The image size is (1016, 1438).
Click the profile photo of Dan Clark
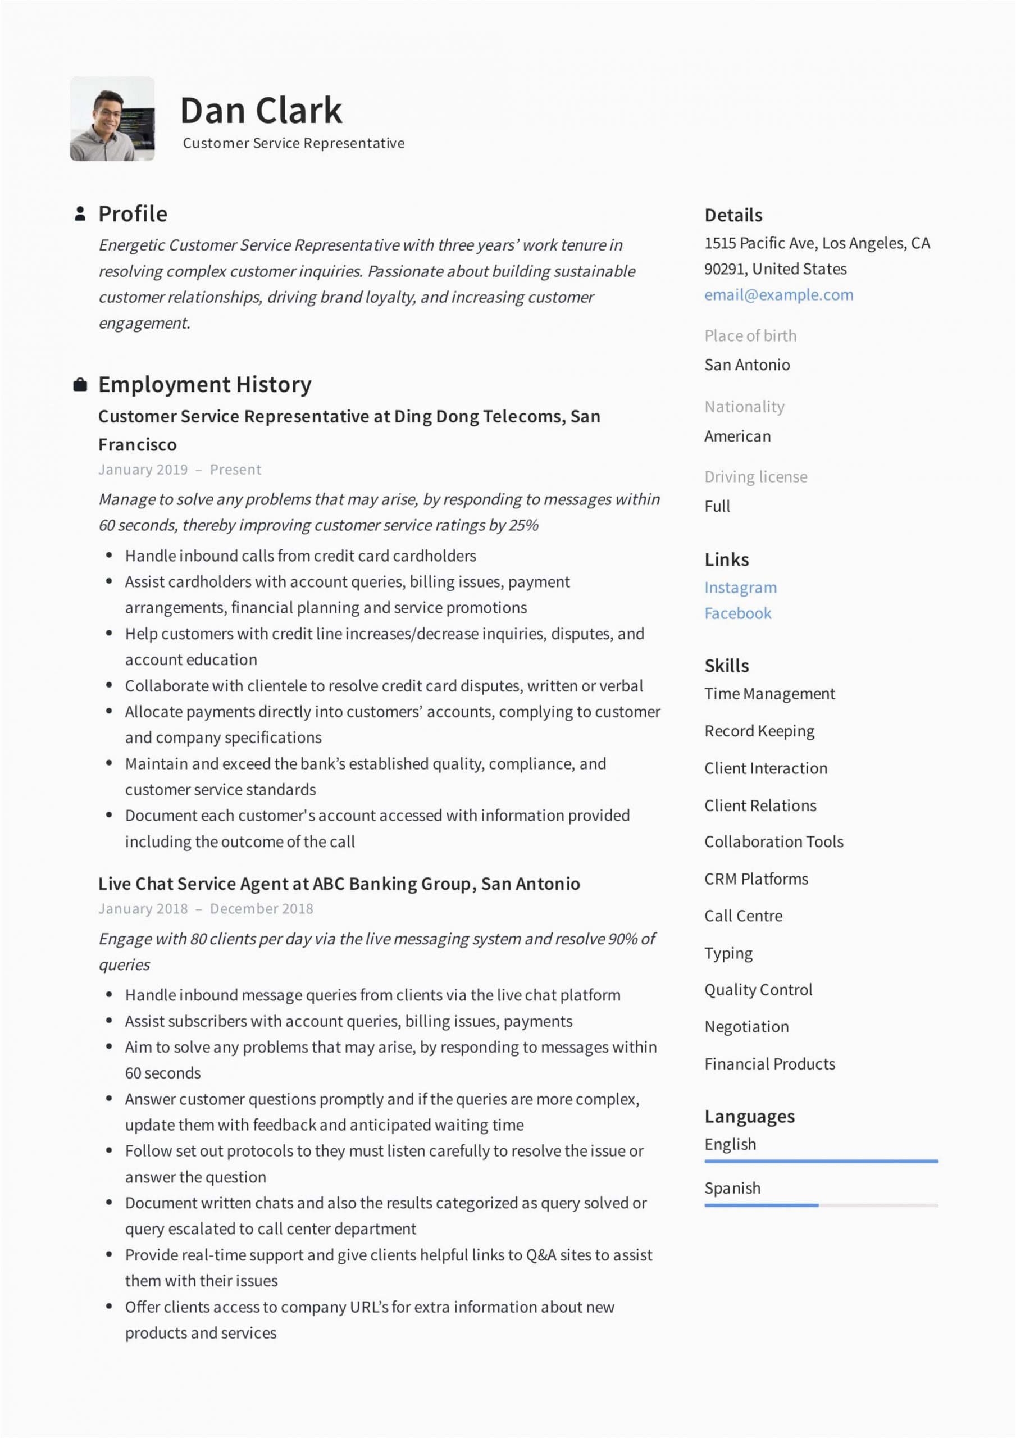112,119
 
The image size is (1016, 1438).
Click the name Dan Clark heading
261,110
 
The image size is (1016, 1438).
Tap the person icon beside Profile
80,213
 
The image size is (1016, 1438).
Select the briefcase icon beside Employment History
80,385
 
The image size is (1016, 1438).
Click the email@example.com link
778,295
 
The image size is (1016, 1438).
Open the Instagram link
740,588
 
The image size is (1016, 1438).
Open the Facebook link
737,613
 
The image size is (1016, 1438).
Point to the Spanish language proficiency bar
820,1205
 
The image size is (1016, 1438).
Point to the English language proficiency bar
820,1161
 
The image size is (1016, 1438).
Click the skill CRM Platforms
755,879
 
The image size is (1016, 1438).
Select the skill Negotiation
746,1026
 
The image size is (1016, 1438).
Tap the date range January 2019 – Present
179,470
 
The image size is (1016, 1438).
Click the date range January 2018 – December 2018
206,909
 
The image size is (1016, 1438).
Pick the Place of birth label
750,336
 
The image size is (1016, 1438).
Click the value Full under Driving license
717,506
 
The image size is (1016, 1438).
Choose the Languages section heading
749,1116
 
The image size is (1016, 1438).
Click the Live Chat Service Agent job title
338,884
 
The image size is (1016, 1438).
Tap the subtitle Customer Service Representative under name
293,143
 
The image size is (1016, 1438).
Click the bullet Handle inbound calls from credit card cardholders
300,556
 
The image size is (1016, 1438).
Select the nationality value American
737,436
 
